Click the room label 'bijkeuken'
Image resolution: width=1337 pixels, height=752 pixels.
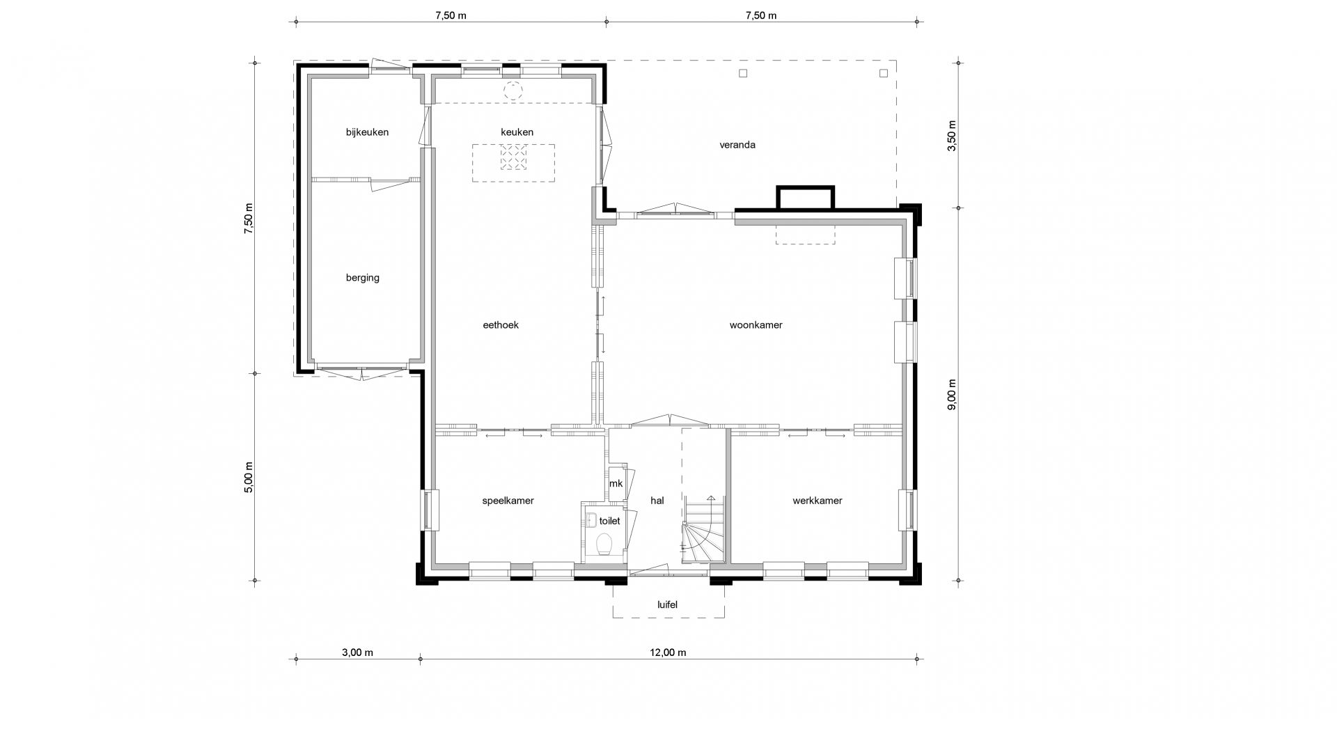pyautogui.click(x=367, y=132)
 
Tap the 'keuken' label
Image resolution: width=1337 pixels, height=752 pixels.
pyautogui.click(x=517, y=132)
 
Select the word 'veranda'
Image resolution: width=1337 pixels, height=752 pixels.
pyautogui.click(x=737, y=145)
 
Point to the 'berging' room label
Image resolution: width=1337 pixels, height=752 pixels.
pyautogui.click(x=363, y=278)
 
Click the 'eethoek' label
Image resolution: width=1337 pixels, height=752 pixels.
pyautogui.click(x=501, y=324)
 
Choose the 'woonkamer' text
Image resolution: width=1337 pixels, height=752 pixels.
pyautogui.click(x=756, y=324)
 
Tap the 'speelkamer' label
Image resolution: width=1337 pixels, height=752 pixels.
pyautogui.click(x=508, y=501)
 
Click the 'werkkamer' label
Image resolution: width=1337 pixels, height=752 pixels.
pyautogui.click(x=818, y=501)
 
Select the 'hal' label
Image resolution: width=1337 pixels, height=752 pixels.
pyautogui.click(x=657, y=501)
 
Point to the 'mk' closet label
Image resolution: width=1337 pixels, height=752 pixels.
pyautogui.click(x=616, y=484)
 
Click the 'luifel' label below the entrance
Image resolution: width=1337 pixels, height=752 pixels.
pyautogui.click(x=667, y=604)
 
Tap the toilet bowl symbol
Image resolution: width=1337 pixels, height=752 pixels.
pyautogui.click(x=604, y=543)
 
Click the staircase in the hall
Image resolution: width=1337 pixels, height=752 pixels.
pyautogui.click(x=703, y=528)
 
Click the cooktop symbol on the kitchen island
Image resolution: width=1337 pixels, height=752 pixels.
pyautogui.click(x=513, y=157)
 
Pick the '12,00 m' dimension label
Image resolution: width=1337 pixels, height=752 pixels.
pyautogui.click(x=668, y=652)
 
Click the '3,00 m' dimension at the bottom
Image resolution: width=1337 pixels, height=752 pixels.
pyautogui.click(x=357, y=652)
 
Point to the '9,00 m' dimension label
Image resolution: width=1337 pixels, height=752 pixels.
pyautogui.click(x=952, y=394)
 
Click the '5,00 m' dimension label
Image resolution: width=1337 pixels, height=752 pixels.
pyautogui.click(x=249, y=477)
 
